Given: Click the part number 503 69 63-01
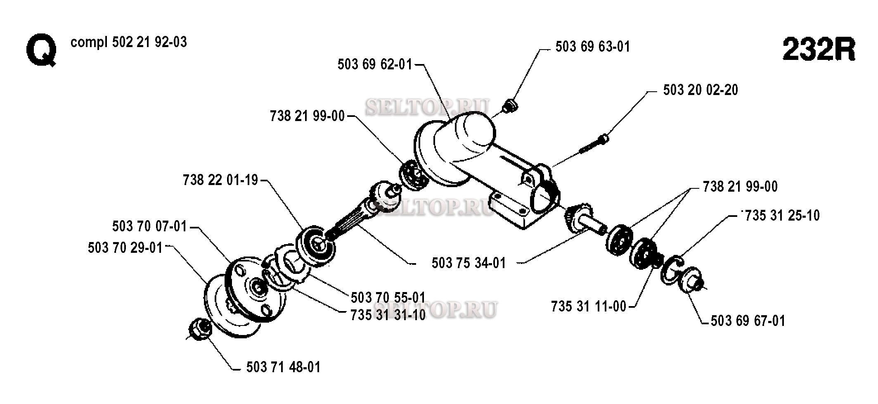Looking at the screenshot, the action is click(593, 47).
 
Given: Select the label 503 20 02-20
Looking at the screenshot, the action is click(701, 90).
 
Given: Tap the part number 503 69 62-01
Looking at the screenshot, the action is click(375, 64).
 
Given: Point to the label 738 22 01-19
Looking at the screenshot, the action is click(220, 180).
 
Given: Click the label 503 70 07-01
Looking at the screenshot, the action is click(150, 226).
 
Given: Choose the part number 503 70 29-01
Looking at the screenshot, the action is click(125, 248).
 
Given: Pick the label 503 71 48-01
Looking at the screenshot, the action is click(283, 367).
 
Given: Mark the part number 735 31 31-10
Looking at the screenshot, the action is click(388, 315).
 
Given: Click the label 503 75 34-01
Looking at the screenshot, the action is click(469, 263).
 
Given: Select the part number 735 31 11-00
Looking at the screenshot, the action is click(589, 307).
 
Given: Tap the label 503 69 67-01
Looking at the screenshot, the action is click(748, 321).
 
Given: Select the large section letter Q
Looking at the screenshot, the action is click(41, 52).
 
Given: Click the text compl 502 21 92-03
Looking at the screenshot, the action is click(129, 42).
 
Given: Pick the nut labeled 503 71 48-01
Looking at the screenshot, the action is click(200, 329).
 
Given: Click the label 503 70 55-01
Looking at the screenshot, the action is click(388, 297).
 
